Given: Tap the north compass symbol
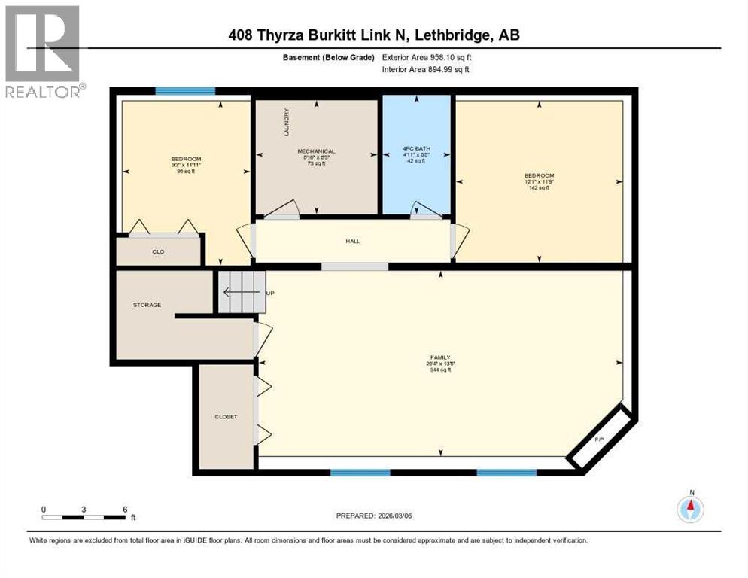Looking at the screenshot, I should pos(690,509).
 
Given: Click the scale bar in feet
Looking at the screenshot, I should pos(84,516).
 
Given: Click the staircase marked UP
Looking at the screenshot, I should pos(242,292).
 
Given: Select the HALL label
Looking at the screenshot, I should pos(353,242).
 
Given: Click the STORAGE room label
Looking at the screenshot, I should pos(147,305).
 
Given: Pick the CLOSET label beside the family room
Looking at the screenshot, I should pos(226,416).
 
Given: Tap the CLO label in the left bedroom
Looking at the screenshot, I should pos(158,251).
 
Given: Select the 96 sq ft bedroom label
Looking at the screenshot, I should pos(186,164).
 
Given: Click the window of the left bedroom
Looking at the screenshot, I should pos(185,91).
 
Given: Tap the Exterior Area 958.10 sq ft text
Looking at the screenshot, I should pos(427,57).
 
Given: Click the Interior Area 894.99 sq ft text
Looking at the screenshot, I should pos(426,70).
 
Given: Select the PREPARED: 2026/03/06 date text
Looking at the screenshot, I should pos(374,516).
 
